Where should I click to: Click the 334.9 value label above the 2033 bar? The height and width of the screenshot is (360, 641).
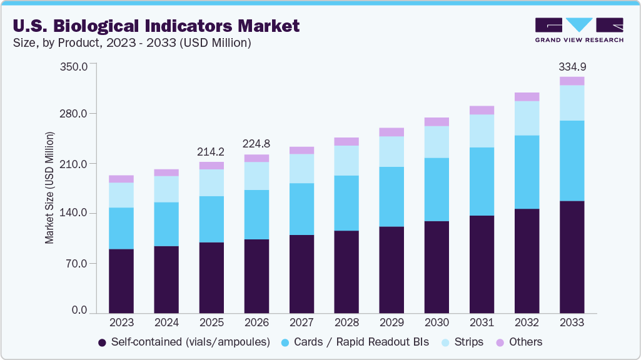(x=572, y=67)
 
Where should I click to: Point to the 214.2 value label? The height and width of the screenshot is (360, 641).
(x=211, y=152)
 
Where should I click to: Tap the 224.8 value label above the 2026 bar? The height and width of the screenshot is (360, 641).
(x=256, y=144)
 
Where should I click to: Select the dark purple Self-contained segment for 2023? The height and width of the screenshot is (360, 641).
(x=121, y=281)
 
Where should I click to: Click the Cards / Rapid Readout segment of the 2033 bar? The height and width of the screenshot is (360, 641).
(x=572, y=161)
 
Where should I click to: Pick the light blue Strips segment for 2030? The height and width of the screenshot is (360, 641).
(x=437, y=142)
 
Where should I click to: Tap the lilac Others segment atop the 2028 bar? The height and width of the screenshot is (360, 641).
(x=346, y=141)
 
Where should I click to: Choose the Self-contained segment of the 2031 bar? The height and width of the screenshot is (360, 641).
(x=482, y=264)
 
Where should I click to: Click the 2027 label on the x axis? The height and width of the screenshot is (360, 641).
(x=301, y=322)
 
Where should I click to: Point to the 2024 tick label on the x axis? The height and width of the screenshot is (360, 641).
(x=166, y=322)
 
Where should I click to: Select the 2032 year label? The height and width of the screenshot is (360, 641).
(x=527, y=322)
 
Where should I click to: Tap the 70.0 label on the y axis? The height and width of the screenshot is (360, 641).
(x=76, y=263)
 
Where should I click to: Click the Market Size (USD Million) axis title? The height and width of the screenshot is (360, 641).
(x=49, y=187)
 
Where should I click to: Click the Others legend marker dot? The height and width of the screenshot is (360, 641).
(x=500, y=342)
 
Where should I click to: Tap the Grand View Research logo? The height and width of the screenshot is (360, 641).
(x=579, y=30)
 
